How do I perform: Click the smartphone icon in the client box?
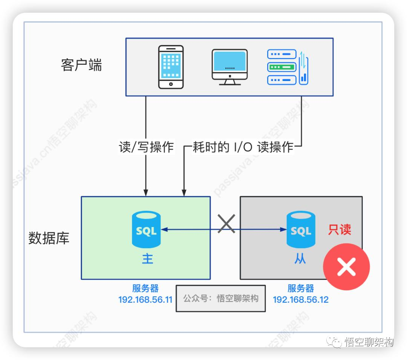tap(171, 67)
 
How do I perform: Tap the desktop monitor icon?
tap(230, 67)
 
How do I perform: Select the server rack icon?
tap(287, 67)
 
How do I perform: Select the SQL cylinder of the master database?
tap(146, 229)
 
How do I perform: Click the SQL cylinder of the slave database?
tap(301, 229)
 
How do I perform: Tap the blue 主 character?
tap(147, 259)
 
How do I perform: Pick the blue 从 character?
tap(300, 259)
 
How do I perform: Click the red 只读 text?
tap(339, 230)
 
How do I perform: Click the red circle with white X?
tap(346, 267)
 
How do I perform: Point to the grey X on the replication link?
tap(227, 224)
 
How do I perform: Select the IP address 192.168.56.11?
tap(145, 300)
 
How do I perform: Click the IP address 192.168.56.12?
tap(300, 300)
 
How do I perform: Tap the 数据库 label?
tap(49, 238)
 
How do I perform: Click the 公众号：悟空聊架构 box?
tap(221, 299)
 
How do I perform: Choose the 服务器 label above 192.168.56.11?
tap(145, 289)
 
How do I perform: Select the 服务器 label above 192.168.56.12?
tap(300, 289)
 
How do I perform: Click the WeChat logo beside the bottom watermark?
tap(334, 342)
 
